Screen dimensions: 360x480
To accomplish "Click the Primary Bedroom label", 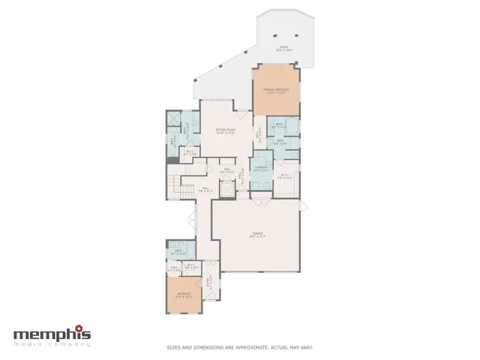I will [x=276, y=91].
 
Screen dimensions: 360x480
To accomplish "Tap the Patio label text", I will [x=283, y=48].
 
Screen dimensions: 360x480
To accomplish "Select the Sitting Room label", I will [x=226, y=131].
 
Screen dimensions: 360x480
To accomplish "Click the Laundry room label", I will [x=261, y=168].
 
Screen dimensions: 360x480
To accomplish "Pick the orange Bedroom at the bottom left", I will [x=184, y=295].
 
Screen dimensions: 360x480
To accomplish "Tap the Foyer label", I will [x=211, y=283].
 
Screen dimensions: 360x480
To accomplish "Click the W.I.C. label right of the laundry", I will [x=285, y=178].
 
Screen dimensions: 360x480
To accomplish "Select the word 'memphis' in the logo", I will [x=49, y=334].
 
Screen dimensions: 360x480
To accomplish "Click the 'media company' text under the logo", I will [x=52, y=344].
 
